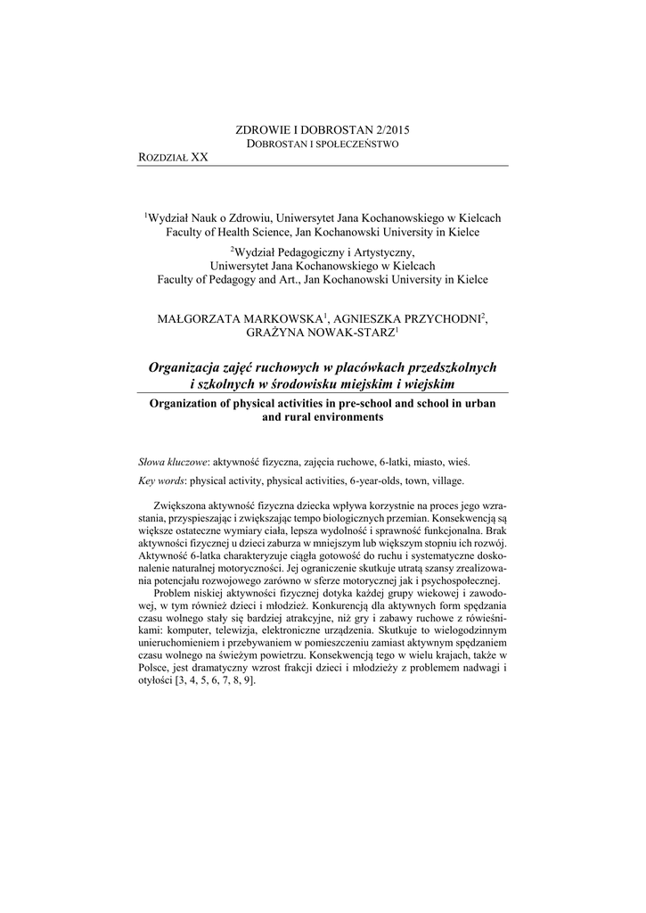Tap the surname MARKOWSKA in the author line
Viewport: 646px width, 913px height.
click(277, 317)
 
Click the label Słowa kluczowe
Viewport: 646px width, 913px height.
click(173, 463)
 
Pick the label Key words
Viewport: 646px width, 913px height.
click(161, 481)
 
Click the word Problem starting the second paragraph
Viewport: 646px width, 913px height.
click(172, 593)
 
